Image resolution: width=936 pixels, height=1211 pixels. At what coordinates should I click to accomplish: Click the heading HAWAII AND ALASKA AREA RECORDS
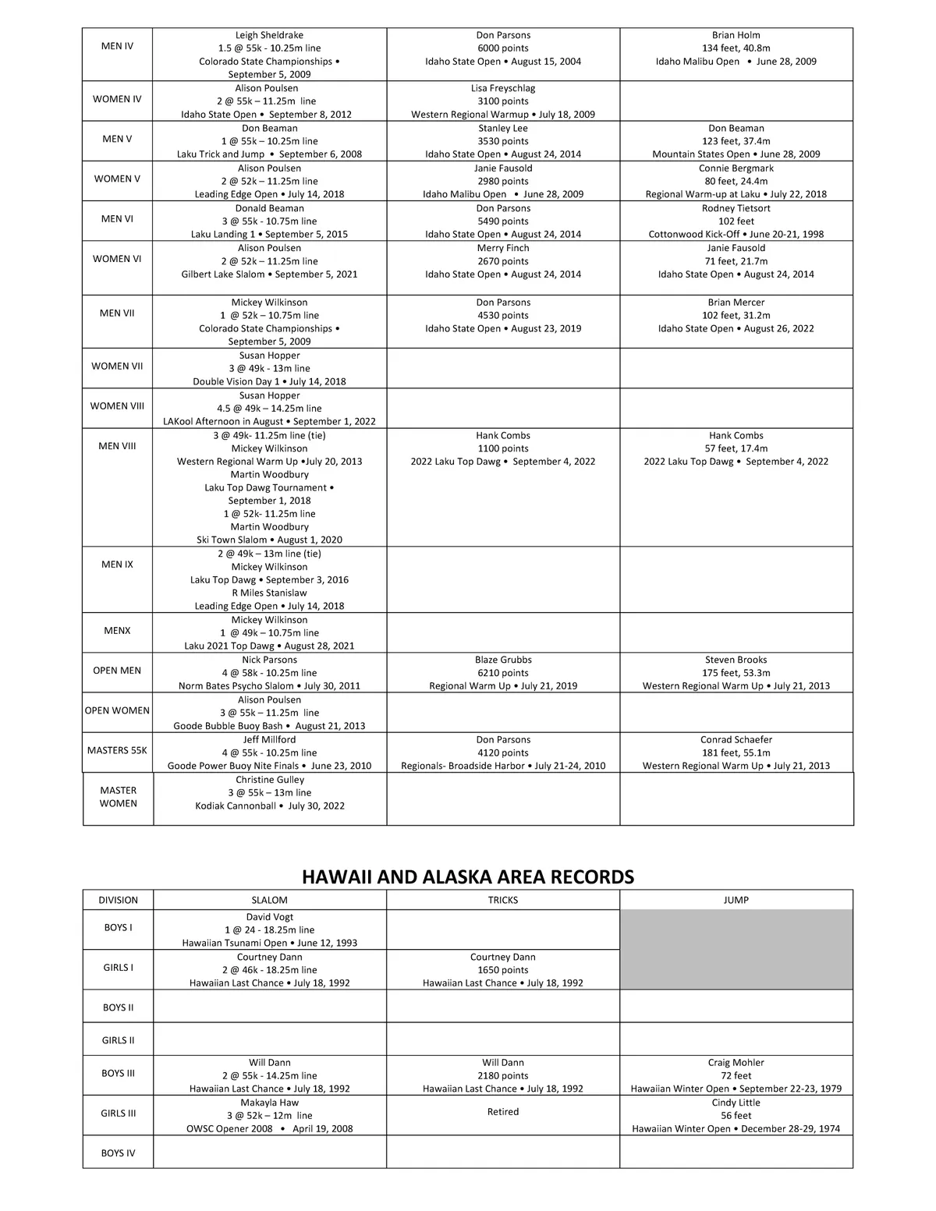(467, 877)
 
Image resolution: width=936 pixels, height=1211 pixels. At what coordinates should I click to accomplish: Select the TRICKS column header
(503, 900)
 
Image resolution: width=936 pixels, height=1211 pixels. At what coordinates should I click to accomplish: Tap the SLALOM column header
(269, 900)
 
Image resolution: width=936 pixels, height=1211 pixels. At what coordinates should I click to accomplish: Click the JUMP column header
(736, 900)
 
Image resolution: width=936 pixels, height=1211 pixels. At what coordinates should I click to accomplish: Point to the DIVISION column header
(118, 900)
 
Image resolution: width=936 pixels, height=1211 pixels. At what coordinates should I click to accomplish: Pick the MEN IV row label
(117, 46)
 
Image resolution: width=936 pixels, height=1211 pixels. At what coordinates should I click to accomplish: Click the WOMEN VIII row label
(117, 406)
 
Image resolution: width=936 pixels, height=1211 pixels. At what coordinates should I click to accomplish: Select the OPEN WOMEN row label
(117, 710)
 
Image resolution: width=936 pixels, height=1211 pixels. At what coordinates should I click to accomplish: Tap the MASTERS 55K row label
(117, 750)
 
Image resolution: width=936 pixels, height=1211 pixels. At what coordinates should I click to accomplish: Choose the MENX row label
(117, 631)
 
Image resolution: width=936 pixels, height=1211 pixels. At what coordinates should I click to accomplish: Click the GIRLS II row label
(118, 1040)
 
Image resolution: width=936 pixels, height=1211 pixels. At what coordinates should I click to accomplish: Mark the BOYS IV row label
(118, 1153)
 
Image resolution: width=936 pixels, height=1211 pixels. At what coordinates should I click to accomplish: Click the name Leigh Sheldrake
(269, 35)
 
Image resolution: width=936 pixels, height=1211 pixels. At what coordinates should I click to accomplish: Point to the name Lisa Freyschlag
(503, 88)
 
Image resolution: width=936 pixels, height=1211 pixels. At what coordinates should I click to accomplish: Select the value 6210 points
(503, 673)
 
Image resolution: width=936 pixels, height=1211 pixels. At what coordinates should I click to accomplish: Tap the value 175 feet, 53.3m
(736, 673)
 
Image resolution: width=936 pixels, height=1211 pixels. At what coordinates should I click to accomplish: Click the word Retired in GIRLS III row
(503, 1112)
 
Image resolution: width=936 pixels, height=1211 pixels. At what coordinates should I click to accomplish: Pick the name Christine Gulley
(270, 780)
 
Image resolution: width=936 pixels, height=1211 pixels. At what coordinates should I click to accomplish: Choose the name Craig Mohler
(736, 1063)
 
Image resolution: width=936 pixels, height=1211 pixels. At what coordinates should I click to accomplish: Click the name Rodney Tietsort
(736, 208)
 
